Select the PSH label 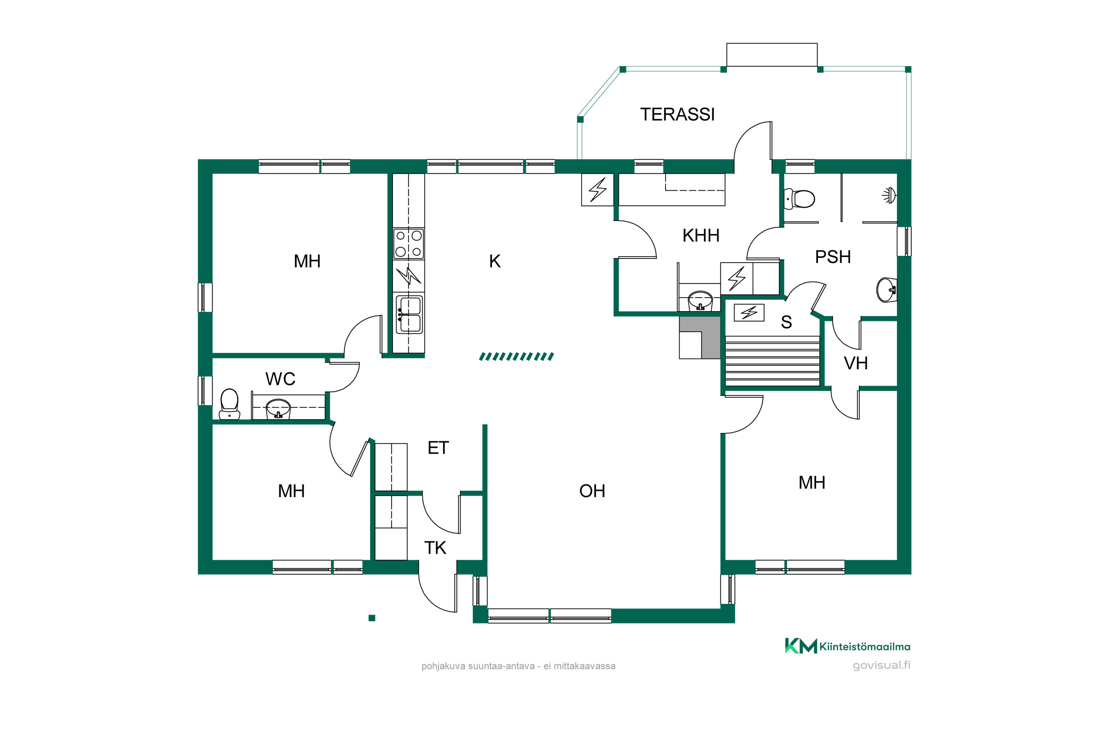pos(833,257)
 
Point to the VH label pos(856,364)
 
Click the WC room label pos(281,379)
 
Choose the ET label pos(438,448)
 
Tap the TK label pos(435,548)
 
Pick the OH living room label pos(592,491)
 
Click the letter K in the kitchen pos(495,261)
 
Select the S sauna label pos(786,323)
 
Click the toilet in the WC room pos(229,404)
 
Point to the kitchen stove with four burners pos(408,244)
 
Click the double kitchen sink pos(409,314)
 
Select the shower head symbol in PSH pos(889,195)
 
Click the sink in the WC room pos(278,409)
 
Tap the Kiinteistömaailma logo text pos(865,647)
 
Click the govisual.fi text pos(881,665)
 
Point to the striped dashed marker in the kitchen pos(516,356)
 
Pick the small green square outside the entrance pos(372,618)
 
